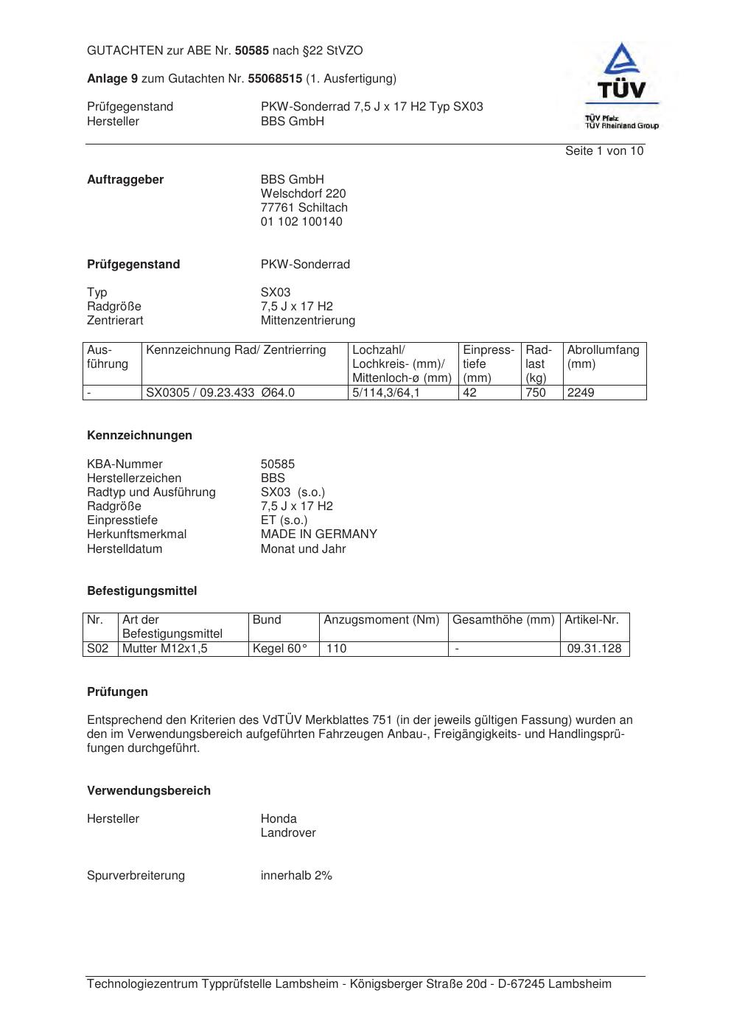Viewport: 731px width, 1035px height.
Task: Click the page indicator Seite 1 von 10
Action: pyautogui.click(x=604, y=151)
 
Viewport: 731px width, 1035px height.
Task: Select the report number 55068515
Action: pyautogui.click(x=275, y=78)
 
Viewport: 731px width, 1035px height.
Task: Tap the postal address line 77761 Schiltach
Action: pyautogui.click(x=304, y=208)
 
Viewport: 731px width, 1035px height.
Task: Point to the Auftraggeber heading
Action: pyautogui.click(x=125, y=180)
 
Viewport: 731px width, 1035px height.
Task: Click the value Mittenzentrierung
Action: pyautogui.click(x=307, y=321)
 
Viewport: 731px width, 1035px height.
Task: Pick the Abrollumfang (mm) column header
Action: pyautogui.click(x=603, y=357)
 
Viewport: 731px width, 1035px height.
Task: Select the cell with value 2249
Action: pyautogui.click(x=581, y=393)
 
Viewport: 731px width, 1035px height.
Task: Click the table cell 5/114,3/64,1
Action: pyautogui.click(x=385, y=393)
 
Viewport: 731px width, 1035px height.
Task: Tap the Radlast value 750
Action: pyautogui.click(x=535, y=393)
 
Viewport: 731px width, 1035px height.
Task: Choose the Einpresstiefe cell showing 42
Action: pyautogui.click(x=469, y=393)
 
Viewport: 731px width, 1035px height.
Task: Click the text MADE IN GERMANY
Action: pyautogui.click(x=318, y=534)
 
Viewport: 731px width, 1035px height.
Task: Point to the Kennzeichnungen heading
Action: pyautogui.click(x=139, y=436)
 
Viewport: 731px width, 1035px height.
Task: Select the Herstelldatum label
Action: pyautogui.click(x=125, y=549)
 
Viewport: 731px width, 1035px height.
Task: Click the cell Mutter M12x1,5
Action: pyautogui.click(x=165, y=649)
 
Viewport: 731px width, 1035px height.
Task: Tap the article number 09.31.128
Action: pyautogui.click(x=595, y=649)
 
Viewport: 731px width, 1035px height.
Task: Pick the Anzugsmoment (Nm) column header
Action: pyautogui.click(x=381, y=620)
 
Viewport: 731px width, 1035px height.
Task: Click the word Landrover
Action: pyautogui.click(x=288, y=833)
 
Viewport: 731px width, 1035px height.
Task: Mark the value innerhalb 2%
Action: pyautogui.click(x=296, y=876)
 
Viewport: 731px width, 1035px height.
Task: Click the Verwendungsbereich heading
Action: pyautogui.click(x=149, y=791)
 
